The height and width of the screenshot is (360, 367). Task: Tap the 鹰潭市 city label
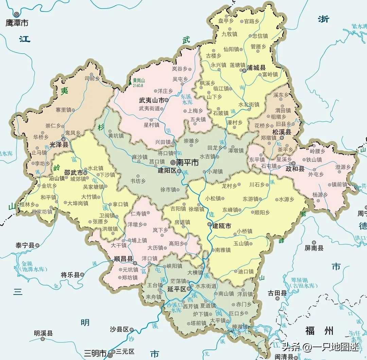tap(17, 23)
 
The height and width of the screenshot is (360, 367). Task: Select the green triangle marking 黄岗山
tap(129, 82)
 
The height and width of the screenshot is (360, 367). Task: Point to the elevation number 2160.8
tap(139, 86)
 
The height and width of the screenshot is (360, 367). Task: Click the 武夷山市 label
tap(151, 100)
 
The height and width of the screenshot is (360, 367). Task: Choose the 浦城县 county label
tap(256, 68)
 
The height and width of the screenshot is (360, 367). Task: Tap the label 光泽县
tap(59, 144)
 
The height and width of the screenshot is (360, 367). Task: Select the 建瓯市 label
tap(222, 226)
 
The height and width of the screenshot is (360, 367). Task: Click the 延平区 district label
tap(177, 289)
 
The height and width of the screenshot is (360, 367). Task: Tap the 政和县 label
tap(295, 168)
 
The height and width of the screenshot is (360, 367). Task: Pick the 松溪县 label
tap(282, 132)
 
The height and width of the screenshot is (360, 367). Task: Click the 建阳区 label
tap(167, 171)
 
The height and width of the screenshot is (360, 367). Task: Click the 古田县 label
tap(277, 293)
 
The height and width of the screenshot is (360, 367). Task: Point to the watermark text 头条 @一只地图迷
tap(320, 347)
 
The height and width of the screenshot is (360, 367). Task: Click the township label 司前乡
tap(92, 79)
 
